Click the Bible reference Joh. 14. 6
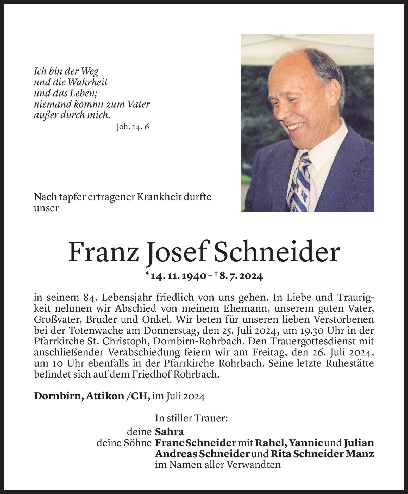(x=133, y=127)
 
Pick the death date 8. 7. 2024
(x=241, y=276)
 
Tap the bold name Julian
(x=359, y=443)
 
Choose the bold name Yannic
(x=306, y=443)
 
